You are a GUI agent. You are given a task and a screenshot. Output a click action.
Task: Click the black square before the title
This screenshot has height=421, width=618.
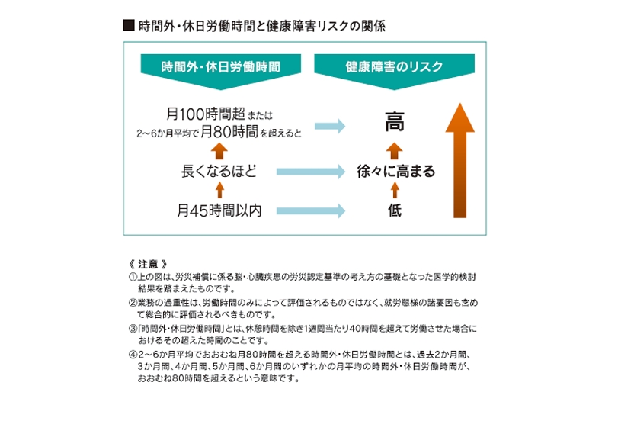[x=128, y=25]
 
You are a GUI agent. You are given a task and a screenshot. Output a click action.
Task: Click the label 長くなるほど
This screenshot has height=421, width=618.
[x=219, y=172]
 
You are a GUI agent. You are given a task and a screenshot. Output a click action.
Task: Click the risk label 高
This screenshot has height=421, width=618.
[x=394, y=122]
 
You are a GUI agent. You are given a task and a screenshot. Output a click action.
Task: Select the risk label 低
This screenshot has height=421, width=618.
[x=394, y=210]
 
